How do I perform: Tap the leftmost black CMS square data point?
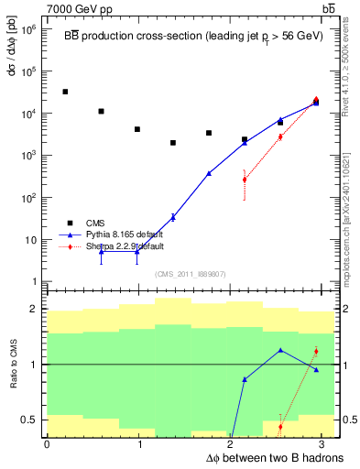point(65,92)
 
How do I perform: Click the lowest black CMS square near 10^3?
point(173,143)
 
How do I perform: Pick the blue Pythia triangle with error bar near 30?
point(173,217)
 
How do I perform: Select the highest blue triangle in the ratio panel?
point(280,350)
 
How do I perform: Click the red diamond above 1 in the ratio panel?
point(316,351)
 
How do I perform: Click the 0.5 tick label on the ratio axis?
point(30,420)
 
